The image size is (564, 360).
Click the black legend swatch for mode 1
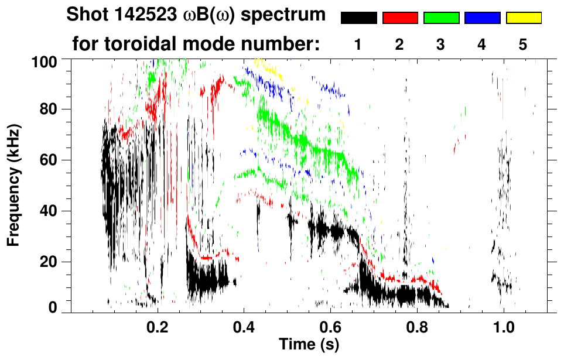358,18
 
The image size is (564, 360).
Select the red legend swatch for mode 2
400,18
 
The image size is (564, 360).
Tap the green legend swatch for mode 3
441,18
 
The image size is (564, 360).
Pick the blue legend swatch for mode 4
482,18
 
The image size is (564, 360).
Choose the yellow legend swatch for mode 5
524,18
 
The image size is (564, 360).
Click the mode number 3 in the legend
441,45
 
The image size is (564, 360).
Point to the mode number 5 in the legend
523,45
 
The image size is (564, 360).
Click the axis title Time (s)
308,344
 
